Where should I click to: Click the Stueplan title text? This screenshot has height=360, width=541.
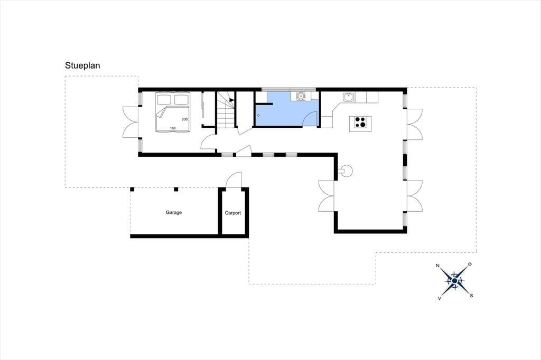[82, 66]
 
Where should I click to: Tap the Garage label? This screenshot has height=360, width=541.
[173, 213]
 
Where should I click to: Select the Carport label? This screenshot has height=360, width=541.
[233, 213]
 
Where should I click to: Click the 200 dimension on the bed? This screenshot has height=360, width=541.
[184, 119]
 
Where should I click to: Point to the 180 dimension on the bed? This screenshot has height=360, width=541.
[173, 128]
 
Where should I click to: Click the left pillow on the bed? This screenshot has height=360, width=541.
[164, 100]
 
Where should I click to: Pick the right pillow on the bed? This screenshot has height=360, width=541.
[181, 100]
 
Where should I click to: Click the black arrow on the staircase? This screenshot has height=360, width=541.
[232, 100]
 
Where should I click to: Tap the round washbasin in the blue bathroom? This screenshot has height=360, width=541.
[301, 96]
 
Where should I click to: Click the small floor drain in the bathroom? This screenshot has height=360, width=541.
[258, 115]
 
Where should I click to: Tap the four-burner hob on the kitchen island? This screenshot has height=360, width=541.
[360, 122]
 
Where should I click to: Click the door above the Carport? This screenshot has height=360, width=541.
[234, 180]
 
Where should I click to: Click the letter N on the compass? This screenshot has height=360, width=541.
[437, 266]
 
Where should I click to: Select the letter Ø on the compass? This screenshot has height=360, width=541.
[470, 264]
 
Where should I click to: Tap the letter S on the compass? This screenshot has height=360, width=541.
[471, 296]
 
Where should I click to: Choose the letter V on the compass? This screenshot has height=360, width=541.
[439, 298]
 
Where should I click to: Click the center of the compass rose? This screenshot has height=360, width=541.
[455, 281]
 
